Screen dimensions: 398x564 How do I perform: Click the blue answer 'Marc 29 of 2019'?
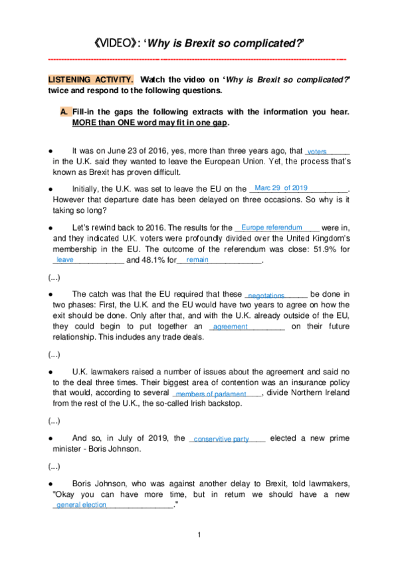point(281,188)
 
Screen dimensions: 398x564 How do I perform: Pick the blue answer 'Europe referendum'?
point(272,227)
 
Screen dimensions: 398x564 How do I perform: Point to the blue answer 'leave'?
point(65,259)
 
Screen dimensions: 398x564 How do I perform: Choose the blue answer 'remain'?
point(197,259)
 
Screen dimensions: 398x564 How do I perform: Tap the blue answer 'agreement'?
point(230,327)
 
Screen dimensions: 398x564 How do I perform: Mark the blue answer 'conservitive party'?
point(221,440)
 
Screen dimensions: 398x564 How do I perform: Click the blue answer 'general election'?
point(82,505)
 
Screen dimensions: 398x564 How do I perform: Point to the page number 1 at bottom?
point(199,535)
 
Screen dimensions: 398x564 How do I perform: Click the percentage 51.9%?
point(322,249)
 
